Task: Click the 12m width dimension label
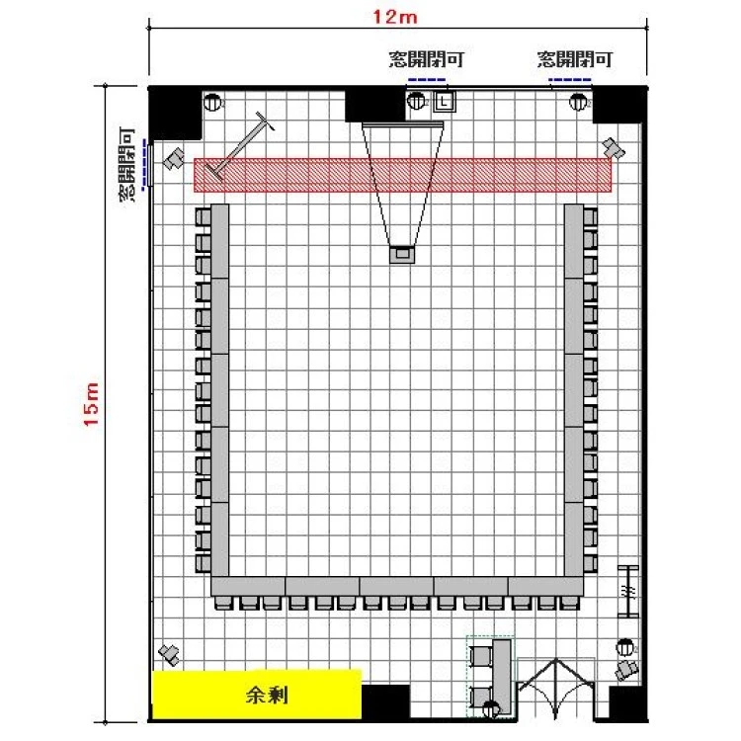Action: coord(395,17)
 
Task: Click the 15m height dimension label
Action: coord(91,404)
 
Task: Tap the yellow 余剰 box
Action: coord(257,695)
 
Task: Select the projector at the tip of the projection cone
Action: coord(402,254)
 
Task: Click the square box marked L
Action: coord(445,101)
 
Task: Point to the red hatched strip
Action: coord(403,175)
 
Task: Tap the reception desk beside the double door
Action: coord(502,677)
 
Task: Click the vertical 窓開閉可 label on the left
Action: coord(126,165)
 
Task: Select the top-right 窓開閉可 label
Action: coord(575,59)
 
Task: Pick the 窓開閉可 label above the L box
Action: coord(426,59)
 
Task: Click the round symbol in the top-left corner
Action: coord(212,102)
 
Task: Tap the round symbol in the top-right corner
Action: coord(578,102)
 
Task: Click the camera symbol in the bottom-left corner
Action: coord(169,654)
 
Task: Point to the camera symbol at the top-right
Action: coord(614,148)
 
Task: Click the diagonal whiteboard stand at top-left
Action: coord(240,146)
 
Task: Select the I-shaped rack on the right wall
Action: coord(628,591)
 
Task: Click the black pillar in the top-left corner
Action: coord(175,113)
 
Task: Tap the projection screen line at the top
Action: coord(403,123)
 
